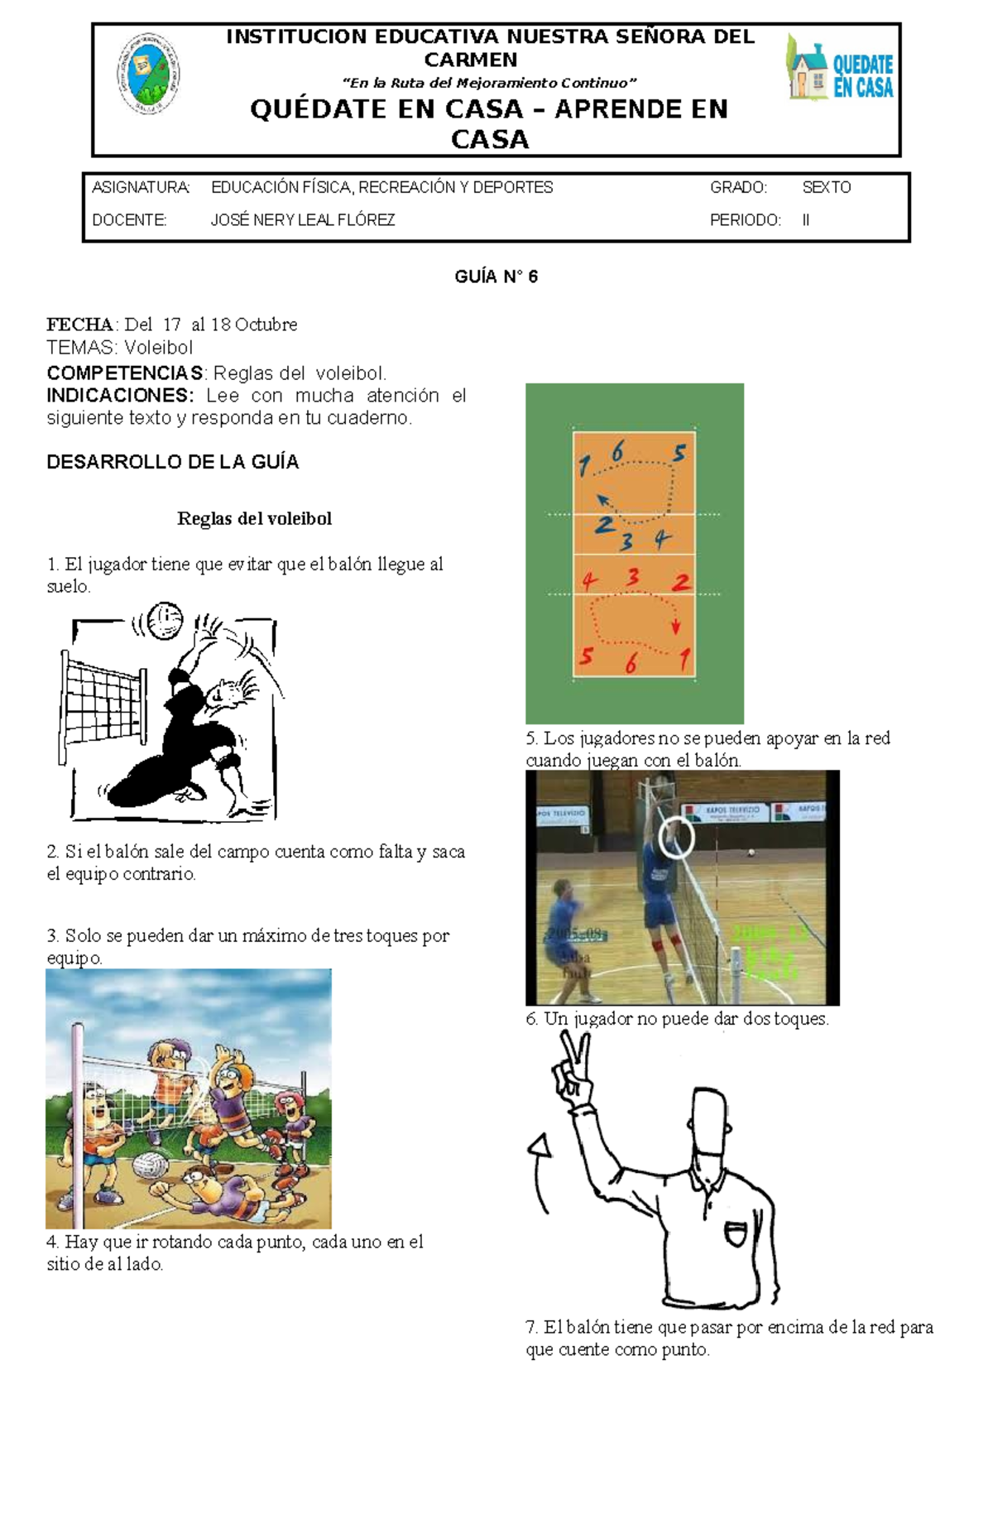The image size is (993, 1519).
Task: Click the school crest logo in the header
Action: click(x=148, y=74)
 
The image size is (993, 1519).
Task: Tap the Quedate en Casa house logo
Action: click(x=840, y=68)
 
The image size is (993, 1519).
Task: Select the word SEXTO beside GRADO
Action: click(x=826, y=188)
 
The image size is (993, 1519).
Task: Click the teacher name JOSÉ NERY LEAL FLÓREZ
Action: click(x=303, y=220)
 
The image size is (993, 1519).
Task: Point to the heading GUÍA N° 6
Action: click(x=496, y=276)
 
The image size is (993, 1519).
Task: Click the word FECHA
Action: click(x=79, y=324)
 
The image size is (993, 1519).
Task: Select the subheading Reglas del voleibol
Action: click(x=254, y=519)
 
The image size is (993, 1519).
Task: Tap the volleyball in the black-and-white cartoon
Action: click(x=164, y=620)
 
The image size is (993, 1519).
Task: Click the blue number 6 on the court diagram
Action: click(x=617, y=452)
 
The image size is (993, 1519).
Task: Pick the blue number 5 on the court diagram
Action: click(x=679, y=454)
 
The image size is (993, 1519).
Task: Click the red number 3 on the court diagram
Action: click(x=633, y=576)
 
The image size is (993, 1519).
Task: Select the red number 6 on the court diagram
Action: click(x=631, y=663)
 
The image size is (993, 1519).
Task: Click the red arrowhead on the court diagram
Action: click(x=676, y=627)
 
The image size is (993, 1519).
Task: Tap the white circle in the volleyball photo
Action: click(x=676, y=838)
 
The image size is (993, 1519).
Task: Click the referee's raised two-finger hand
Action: click(x=573, y=1068)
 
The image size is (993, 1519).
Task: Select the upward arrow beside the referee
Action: click(x=540, y=1146)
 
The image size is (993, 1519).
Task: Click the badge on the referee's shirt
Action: click(x=735, y=1233)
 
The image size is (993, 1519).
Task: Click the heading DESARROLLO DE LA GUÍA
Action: click(x=172, y=462)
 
